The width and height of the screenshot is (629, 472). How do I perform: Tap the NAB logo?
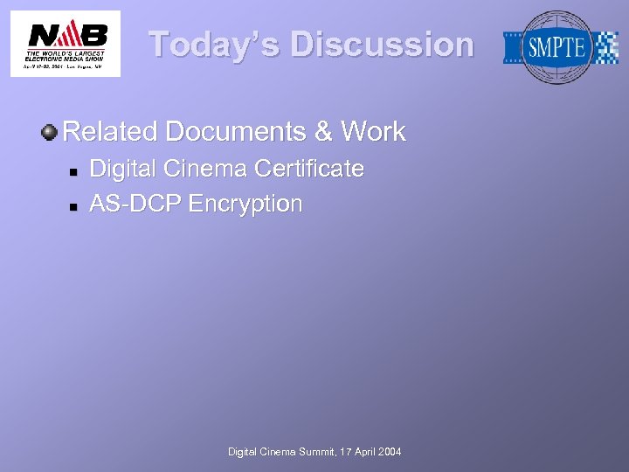[x=66, y=44]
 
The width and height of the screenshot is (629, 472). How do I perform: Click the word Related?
[x=110, y=132]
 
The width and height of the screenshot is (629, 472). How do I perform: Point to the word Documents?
[x=235, y=132]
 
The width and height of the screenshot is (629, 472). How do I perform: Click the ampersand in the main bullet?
[x=323, y=132]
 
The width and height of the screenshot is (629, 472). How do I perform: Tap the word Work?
[x=374, y=132]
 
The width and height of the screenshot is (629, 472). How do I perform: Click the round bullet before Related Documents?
[x=50, y=133]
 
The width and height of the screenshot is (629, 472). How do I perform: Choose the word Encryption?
[x=245, y=205]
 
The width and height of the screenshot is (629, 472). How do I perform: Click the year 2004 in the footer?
[x=390, y=452]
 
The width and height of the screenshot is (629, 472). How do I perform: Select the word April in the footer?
[x=362, y=452]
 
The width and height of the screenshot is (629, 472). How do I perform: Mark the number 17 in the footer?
[x=341, y=452]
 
